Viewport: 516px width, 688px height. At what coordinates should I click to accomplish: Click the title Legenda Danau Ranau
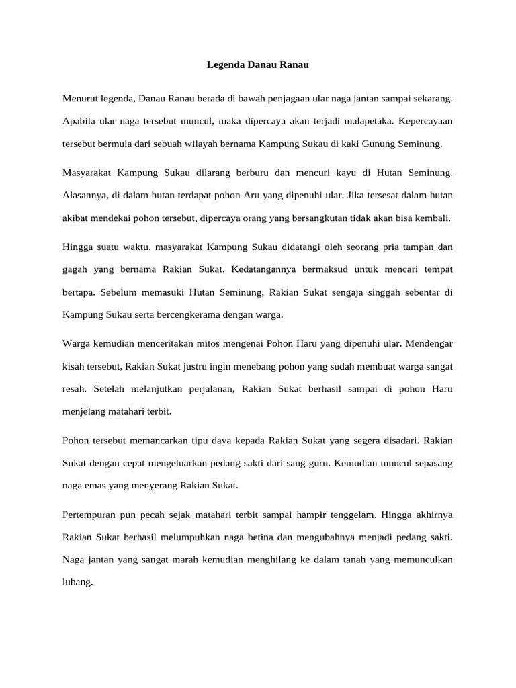tap(258, 67)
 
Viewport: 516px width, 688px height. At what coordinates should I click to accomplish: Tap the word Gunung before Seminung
tap(386, 144)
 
